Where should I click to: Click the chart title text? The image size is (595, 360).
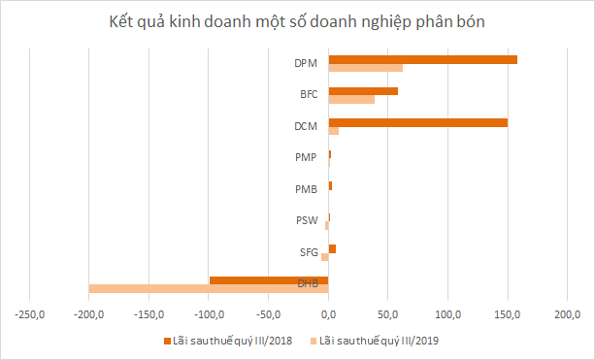click(x=298, y=22)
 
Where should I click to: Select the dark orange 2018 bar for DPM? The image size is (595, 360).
click(x=422, y=59)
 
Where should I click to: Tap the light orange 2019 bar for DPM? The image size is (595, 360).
click(x=365, y=68)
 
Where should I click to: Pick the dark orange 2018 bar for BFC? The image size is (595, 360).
click(x=363, y=91)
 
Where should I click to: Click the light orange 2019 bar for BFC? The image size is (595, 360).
click(x=351, y=99)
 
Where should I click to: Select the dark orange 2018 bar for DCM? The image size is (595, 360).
click(x=417, y=122)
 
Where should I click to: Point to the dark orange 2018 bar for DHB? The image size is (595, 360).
click(x=269, y=280)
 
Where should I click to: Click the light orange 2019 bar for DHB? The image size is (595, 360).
click(x=208, y=288)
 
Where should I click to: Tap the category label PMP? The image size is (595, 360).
click(x=306, y=157)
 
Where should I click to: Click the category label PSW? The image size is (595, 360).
click(x=306, y=221)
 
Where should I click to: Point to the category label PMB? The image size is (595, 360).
click(x=306, y=189)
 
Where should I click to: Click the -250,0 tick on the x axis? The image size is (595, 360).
click(x=30, y=314)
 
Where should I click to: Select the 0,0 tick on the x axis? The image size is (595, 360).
click(x=328, y=314)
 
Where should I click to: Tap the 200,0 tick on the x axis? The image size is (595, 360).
click(x=567, y=314)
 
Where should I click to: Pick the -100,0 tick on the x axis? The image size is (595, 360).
click(x=209, y=314)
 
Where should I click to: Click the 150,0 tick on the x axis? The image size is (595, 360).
click(x=508, y=314)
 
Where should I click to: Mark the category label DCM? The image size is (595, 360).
click(x=306, y=126)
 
